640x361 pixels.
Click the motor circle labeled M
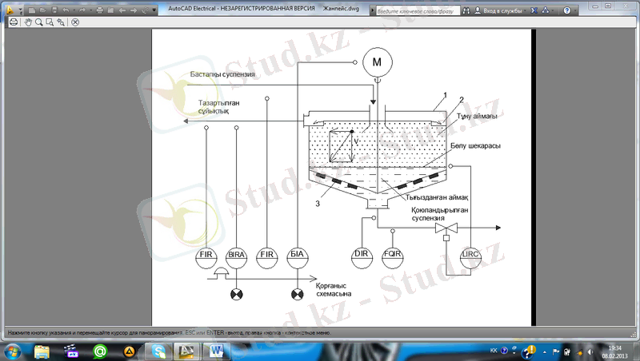(x=377, y=61)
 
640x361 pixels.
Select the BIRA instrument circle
(x=236, y=256)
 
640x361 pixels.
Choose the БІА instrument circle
(x=297, y=256)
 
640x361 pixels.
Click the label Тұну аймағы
(x=478, y=117)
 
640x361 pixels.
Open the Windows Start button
(x=14, y=350)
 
